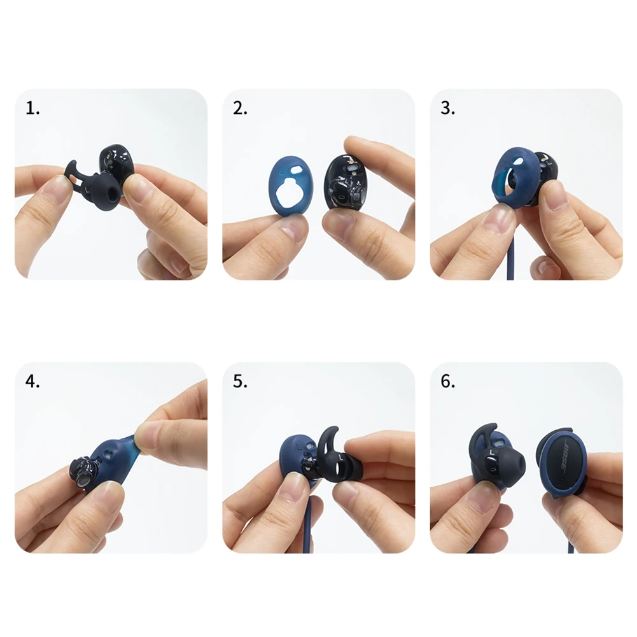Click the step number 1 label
pyautogui.click(x=32, y=108)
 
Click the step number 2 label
pyautogui.click(x=240, y=108)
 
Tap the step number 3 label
pyautogui.click(x=448, y=108)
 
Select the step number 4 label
pyautogui.click(x=32, y=381)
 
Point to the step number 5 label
pyautogui.click(x=240, y=381)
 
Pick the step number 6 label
pyautogui.click(x=448, y=381)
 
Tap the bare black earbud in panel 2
pyautogui.click(x=346, y=181)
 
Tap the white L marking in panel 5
pyautogui.click(x=340, y=457)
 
